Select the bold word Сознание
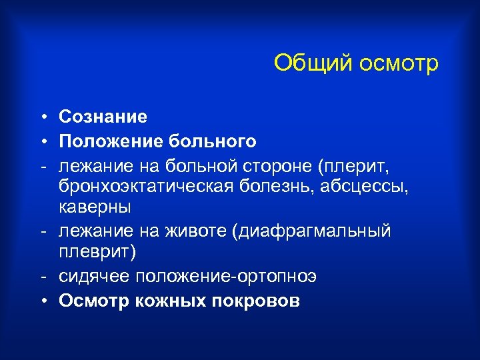click(x=103, y=117)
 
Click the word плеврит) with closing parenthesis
click(x=97, y=253)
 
